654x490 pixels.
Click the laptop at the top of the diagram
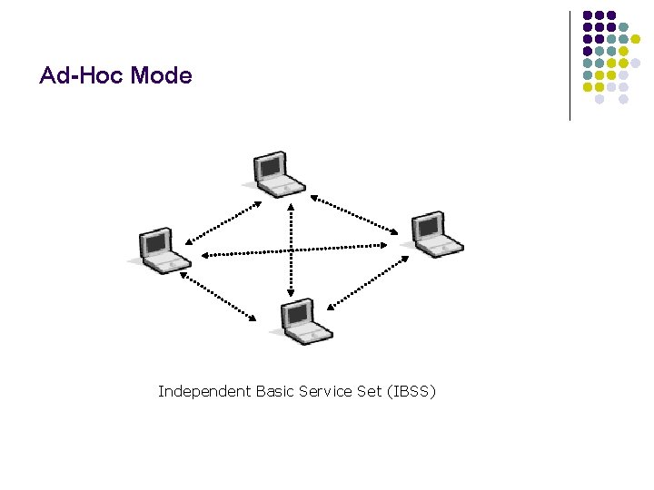(x=275, y=173)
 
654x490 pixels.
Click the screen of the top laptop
(x=271, y=166)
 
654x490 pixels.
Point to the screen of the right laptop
(x=428, y=225)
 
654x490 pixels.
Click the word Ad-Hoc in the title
(x=81, y=75)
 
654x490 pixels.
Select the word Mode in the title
(x=161, y=75)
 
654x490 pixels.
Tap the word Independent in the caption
(x=203, y=392)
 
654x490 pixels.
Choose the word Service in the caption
(x=329, y=392)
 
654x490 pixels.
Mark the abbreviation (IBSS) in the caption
(x=411, y=392)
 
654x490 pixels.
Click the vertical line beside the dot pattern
(x=570, y=65)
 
